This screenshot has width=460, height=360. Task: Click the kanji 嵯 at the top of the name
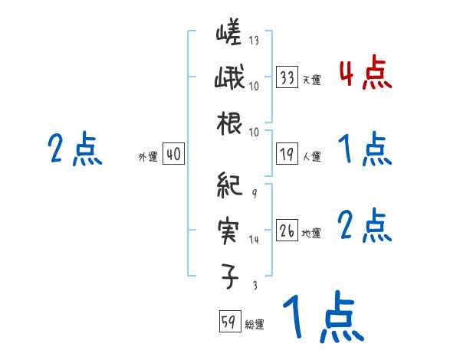pyautogui.click(x=229, y=34)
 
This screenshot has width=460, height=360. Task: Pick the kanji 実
pyautogui.click(x=229, y=229)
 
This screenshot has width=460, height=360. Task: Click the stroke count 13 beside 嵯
pyautogui.click(x=254, y=41)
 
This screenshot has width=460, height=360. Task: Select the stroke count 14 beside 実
pyautogui.click(x=254, y=240)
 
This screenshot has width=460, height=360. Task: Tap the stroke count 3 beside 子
pyautogui.click(x=254, y=285)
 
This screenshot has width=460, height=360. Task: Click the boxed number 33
pyautogui.click(x=287, y=77)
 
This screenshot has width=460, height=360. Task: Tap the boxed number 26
pyautogui.click(x=287, y=231)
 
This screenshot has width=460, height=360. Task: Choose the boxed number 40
pyautogui.click(x=173, y=154)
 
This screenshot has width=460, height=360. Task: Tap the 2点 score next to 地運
pyautogui.click(x=364, y=226)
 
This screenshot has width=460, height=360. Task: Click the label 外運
pyautogui.click(x=147, y=157)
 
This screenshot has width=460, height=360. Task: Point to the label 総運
pyautogui.click(x=255, y=325)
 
